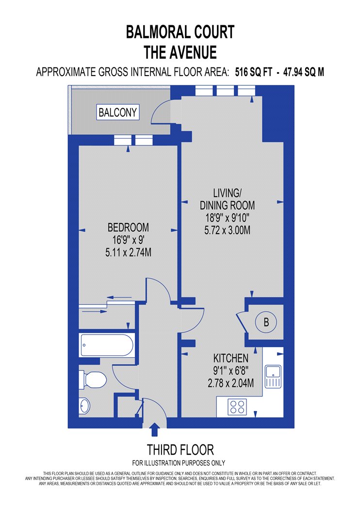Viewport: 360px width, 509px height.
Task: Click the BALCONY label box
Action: point(118,112)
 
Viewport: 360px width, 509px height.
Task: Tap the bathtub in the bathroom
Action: point(107,345)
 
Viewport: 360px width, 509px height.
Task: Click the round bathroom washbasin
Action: point(84,406)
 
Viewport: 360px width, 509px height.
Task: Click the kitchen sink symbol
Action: point(273,377)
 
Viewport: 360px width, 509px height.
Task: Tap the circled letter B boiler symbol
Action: point(266,322)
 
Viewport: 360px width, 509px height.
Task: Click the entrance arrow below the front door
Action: point(155,429)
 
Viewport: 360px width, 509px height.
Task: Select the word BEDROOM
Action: point(129,227)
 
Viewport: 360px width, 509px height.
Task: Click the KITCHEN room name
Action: point(230,358)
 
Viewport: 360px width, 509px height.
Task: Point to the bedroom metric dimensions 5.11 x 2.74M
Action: point(129,252)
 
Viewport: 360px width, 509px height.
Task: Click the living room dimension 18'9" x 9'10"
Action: point(228,218)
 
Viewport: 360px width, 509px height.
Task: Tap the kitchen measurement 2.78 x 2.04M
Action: point(230,383)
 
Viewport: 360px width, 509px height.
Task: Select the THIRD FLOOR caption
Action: point(180,450)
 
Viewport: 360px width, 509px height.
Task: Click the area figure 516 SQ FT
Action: point(253,72)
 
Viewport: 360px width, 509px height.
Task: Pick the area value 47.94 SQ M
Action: point(304,72)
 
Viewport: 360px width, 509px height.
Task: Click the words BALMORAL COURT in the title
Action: point(180,32)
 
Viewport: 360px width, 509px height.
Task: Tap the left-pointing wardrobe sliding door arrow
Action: point(119,297)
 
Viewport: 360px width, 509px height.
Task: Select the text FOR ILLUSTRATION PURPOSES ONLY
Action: point(179,463)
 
